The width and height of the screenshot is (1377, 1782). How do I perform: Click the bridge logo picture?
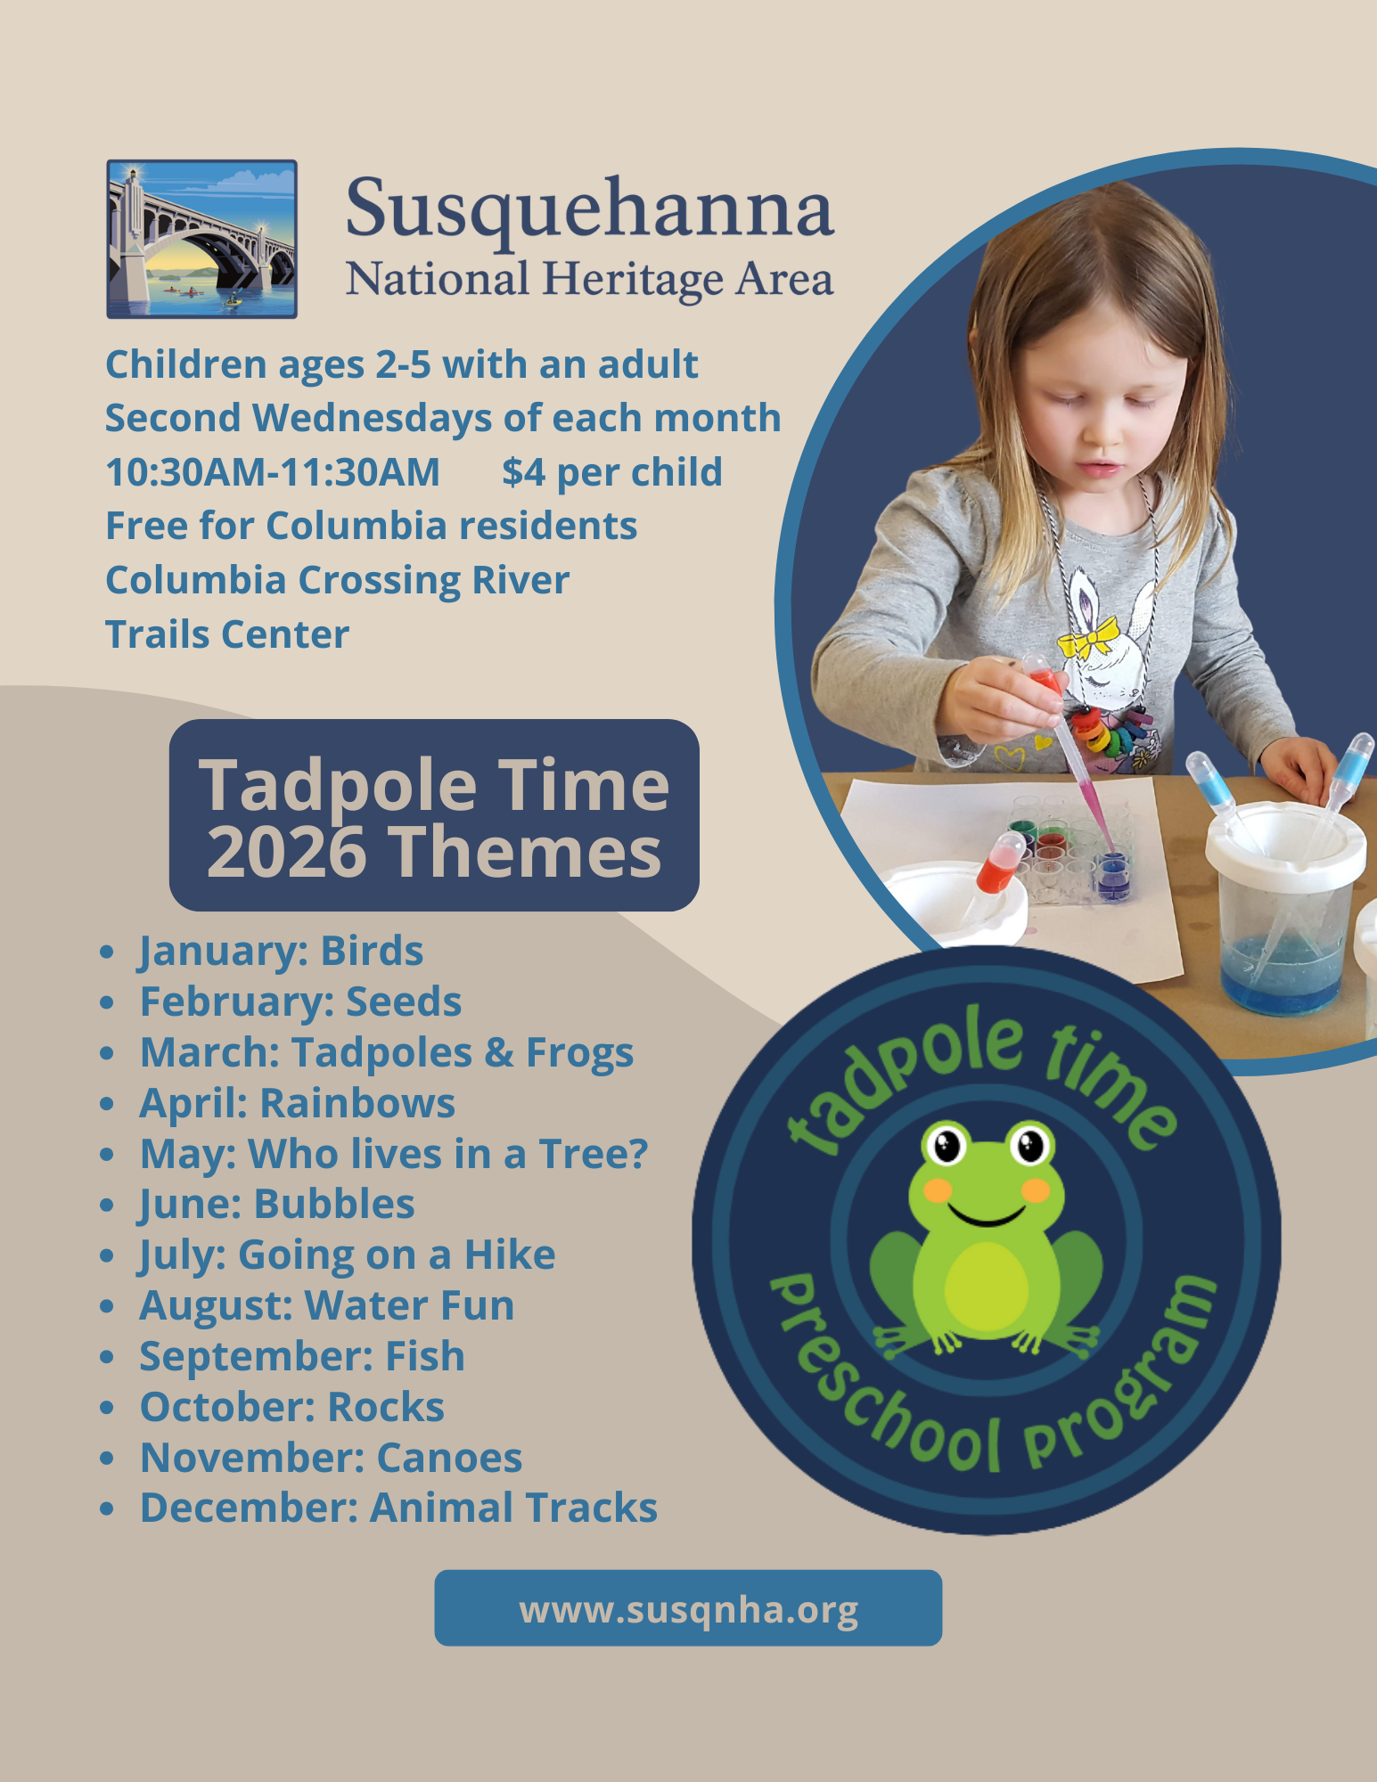201,239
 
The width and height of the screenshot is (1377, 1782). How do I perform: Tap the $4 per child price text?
611,472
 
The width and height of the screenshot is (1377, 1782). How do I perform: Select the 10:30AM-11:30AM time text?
273,472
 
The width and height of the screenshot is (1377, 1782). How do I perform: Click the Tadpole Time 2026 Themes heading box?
434,815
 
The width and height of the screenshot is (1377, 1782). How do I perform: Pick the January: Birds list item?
281,952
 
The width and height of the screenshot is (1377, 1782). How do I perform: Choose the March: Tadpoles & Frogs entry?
387,1052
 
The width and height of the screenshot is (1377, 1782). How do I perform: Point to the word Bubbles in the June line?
334,1204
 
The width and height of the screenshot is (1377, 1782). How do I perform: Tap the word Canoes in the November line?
449,1458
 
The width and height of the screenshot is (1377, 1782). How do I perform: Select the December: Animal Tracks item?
398,1508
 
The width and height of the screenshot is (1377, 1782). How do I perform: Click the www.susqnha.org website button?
688,1608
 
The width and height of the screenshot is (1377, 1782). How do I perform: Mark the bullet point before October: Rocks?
108,1408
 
